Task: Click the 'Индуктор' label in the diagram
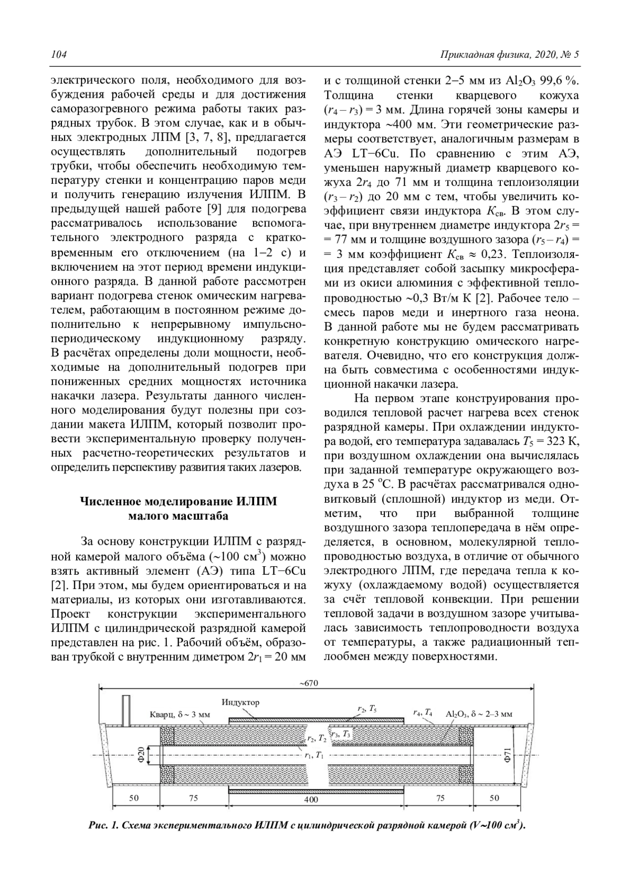(240, 702)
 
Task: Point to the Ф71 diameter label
(507, 756)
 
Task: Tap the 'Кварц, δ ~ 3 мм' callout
(180, 715)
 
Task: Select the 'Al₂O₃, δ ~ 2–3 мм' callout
(479, 714)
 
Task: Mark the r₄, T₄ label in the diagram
(423, 713)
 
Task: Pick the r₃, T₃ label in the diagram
(340, 733)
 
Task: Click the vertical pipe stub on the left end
(125, 711)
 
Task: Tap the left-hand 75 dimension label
(194, 798)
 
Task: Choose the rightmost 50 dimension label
(495, 798)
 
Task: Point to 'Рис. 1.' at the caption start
(103, 825)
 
